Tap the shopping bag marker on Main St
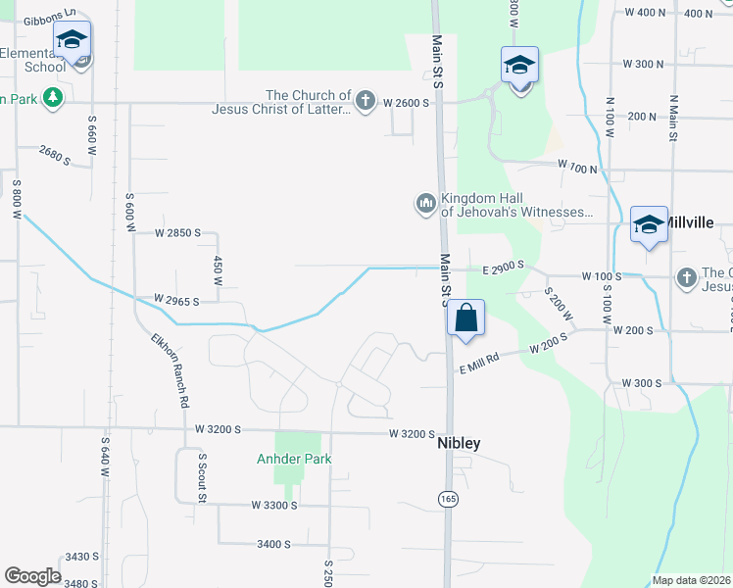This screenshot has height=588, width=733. click(x=466, y=318)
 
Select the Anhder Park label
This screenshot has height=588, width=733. click(x=294, y=459)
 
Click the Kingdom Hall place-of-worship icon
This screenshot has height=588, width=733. click(x=425, y=203)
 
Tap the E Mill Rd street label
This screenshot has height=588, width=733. click(x=479, y=364)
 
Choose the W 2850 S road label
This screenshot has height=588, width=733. click(x=177, y=233)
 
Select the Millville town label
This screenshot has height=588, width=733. click(x=690, y=222)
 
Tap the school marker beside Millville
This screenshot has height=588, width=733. click(x=649, y=224)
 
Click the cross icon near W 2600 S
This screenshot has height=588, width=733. click(x=366, y=100)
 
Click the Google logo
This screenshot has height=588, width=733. click(x=32, y=576)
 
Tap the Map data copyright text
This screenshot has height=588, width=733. click(x=691, y=580)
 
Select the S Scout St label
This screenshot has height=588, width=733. click(x=202, y=477)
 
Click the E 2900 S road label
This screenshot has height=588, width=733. click(x=503, y=266)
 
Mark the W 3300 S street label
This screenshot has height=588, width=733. click(x=273, y=505)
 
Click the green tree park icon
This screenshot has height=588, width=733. click(x=53, y=98)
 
